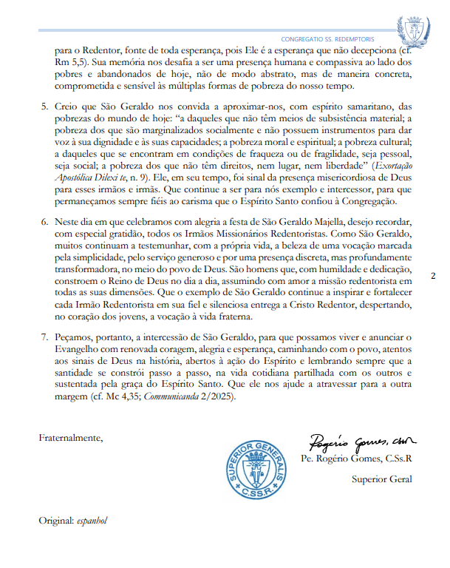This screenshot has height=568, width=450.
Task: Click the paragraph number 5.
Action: click(x=44, y=107)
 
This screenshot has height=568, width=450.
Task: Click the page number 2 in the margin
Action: click(x=433, y=276)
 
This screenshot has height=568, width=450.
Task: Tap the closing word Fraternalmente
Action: click(x=71, y=438)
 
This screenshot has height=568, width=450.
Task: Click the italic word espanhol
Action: click(x=92, y=521)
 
